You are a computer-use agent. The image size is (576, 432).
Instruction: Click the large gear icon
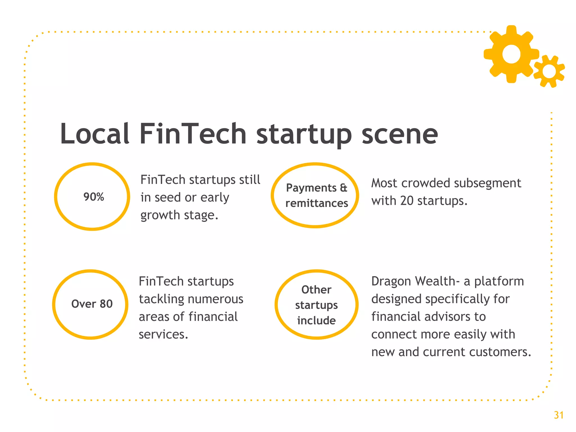point(511,54)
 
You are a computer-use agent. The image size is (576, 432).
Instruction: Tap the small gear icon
point(549,71)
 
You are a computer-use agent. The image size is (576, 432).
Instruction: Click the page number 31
point(559,415)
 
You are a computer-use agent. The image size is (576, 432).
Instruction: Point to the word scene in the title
point(400,134)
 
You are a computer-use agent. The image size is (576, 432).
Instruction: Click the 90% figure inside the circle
point(94,197)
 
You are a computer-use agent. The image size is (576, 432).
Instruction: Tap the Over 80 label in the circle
point(92,304)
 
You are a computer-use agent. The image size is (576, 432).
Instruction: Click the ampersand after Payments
point(343,188)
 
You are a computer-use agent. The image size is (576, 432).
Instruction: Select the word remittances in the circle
point(317,203)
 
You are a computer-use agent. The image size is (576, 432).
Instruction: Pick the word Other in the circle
point(316,290)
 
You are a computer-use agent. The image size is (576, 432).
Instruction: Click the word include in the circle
point(316,320)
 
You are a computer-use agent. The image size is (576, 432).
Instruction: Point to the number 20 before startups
point(407,201)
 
